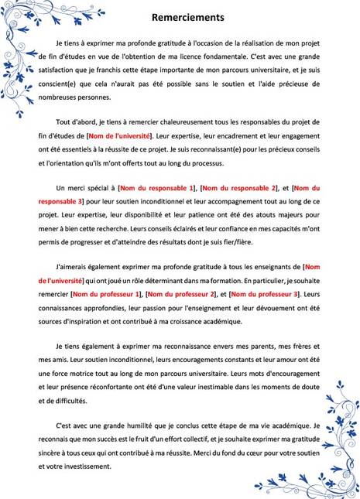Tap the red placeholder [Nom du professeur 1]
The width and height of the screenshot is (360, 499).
105,294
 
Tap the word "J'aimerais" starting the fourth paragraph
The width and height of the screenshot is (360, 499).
74,268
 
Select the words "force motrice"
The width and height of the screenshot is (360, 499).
91,374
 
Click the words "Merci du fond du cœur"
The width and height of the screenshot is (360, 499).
262,454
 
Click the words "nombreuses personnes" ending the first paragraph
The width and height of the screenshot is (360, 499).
79,97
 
